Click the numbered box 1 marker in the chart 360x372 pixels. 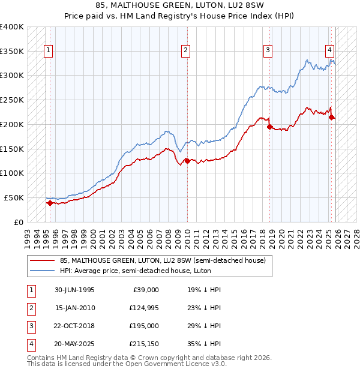tap(47, 50)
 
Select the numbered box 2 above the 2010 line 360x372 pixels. tap(186, 50)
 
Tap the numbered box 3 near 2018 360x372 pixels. tap(268, 50)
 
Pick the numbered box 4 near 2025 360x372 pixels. tap(330, 50)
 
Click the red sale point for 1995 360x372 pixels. tap(50, 203)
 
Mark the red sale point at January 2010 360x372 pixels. tap(187, 161)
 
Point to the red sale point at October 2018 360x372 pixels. tap(269, 127)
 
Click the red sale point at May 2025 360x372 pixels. tap(332, 117)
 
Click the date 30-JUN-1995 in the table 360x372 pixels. tap(74, 290)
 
